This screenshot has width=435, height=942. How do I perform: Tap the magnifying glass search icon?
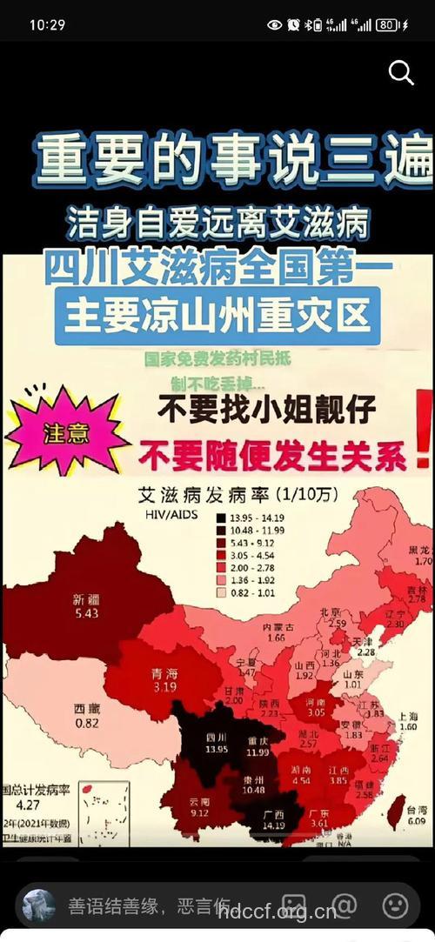tap(401, 73)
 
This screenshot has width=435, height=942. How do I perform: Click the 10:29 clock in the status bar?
tap(47, 24)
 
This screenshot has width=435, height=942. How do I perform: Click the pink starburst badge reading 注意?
tap(65, 431)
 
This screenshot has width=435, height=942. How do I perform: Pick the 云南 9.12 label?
tap(198, 808)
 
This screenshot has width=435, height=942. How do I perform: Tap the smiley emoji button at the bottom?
tap(395, 905)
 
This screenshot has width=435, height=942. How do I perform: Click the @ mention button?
tap(345, 905)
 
